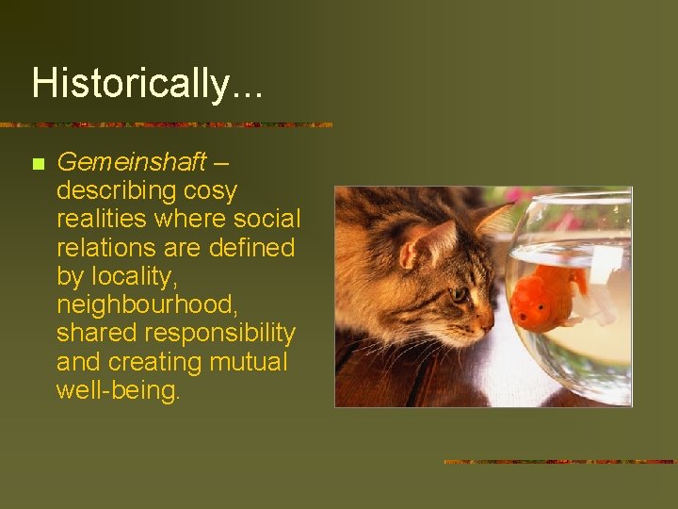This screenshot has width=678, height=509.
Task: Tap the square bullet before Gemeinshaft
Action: point(38,164)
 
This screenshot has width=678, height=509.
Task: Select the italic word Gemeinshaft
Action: point(131,162)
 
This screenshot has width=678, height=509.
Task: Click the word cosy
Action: point(210,190)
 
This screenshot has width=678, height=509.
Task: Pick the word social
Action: point(267,219)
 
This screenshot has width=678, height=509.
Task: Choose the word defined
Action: point(254,247)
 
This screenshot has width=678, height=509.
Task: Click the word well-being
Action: point(117,390)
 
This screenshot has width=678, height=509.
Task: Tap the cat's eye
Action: point(460,294)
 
